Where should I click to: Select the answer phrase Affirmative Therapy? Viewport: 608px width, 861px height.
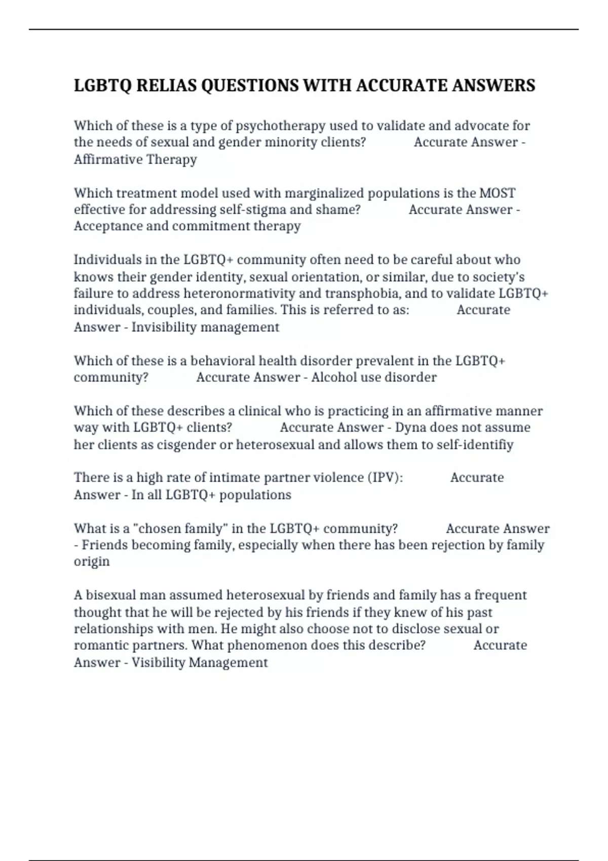[135, 160]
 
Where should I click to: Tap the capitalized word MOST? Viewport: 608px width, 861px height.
[497, 193]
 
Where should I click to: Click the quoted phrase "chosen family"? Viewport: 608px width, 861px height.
[179, 529]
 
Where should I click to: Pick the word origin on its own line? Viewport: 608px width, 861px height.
[92, 562]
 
